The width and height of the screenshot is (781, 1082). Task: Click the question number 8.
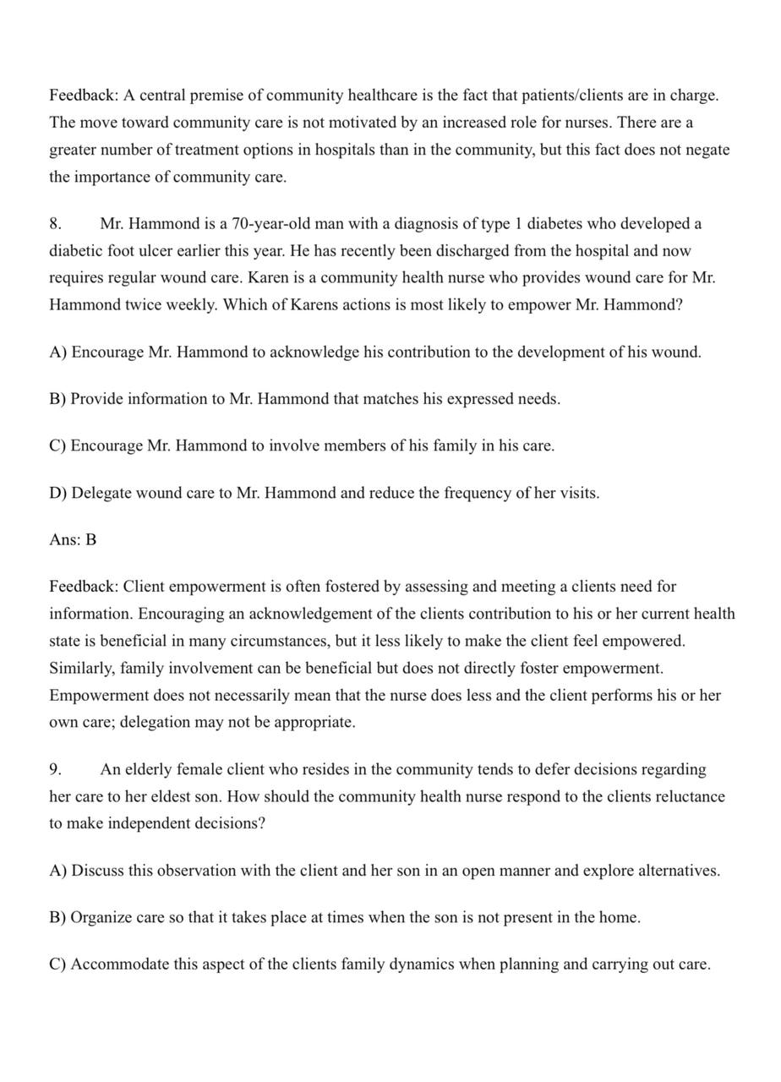pos(55,224)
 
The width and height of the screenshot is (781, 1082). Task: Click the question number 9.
pos(55,770)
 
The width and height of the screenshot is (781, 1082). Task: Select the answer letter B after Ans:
pos(90,539)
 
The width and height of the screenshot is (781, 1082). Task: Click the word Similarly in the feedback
pos(82,668)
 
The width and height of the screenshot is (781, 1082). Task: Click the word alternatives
pos(674,871)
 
